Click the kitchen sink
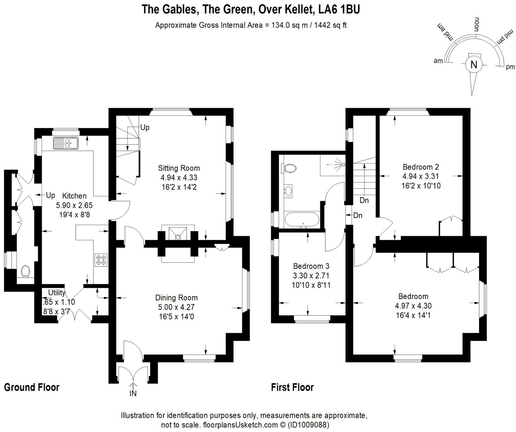(66, 143)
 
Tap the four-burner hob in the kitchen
(101, 260)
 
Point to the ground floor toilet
(25, 271)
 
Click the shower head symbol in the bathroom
(343, 164)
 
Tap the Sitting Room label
(179, 168)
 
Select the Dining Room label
(176, 298)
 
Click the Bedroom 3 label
(311, 266)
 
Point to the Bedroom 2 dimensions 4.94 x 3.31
(421, 176)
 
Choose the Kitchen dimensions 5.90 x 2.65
(74, 205)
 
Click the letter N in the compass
(474, 64)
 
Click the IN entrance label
(133, 394)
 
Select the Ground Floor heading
(32, 387)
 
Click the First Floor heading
(292, 387)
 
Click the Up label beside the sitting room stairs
(145, 128)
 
